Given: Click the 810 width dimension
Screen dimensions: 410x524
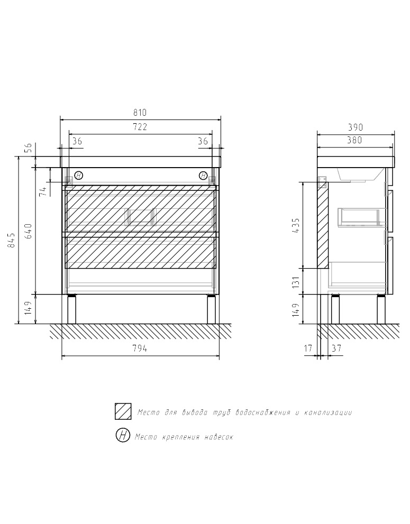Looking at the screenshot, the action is coord(140,113).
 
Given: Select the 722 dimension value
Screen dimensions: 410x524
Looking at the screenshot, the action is coord(140,127).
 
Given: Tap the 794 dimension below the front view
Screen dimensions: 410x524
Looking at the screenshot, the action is coord(140,348).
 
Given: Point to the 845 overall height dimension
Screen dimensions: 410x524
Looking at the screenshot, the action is coord(11,240).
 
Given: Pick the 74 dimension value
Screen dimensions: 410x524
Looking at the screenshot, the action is coord(43,192).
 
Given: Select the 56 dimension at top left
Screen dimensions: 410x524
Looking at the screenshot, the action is coord(28,148).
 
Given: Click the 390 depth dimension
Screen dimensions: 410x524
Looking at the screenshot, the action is coord(355,127).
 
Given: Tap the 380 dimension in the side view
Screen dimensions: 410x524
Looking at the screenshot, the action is coord(354,140).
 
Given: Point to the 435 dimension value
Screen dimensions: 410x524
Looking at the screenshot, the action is coord(296,225).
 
